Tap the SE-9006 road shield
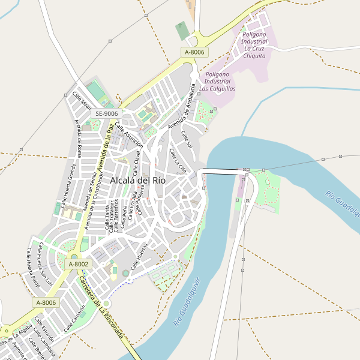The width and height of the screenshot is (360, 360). click(x=107, y=113)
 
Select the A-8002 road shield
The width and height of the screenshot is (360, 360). click(x=79, y=264)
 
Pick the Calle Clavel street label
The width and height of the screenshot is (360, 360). click(x=137, y=163)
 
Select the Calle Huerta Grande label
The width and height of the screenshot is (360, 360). click(x=68, y=182)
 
